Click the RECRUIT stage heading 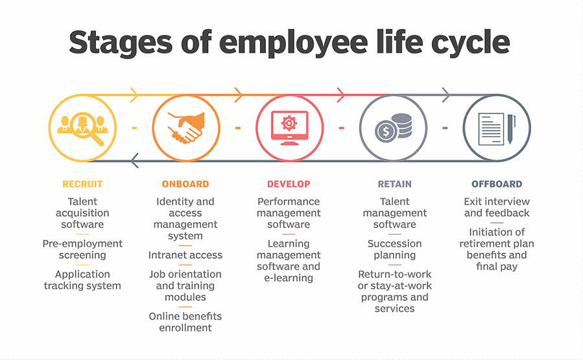[82, 184]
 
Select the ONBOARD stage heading [185, 184]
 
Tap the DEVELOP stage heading [289, 184]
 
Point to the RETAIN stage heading [394, 184]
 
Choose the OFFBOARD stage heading [497, 184]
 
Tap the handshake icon [186, 128]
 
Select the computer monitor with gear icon [290, 128]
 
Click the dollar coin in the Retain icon [386, 131]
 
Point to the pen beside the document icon [511, 129]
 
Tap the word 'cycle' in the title [470, 43]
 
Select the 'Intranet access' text [185, 255]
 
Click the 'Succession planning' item [394, 249]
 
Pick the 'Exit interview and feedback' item [497, 207]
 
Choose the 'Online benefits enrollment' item [185, 322]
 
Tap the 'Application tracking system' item [82, 280]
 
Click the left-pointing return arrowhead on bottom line [135, 161]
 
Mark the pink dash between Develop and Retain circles [341, 128]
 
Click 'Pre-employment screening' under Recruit [82, 249]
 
